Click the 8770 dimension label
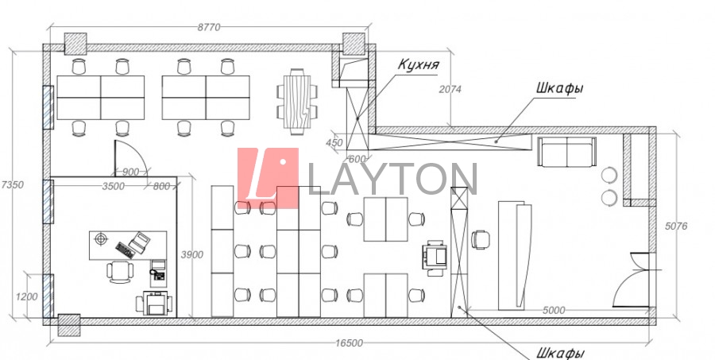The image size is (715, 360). point(209,27)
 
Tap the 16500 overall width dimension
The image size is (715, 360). point(349,343)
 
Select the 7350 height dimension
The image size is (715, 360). point(12,185)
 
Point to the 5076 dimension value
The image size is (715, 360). point(676,226)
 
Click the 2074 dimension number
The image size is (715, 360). point(450,90)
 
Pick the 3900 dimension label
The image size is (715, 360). point(192,254)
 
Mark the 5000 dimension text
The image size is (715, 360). point(554,311)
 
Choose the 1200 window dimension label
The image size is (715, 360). point(26,297)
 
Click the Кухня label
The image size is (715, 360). point(418,65)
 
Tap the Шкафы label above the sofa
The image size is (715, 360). point(560,88)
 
